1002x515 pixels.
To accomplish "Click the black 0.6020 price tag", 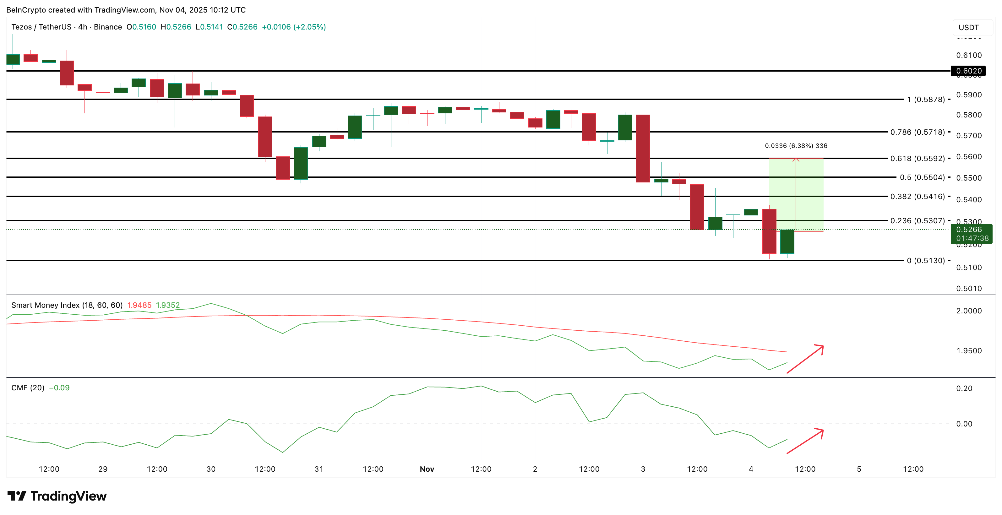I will (969, 71).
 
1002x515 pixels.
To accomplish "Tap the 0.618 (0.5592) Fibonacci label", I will (917, 158).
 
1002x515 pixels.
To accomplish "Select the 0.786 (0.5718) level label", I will (917, 132).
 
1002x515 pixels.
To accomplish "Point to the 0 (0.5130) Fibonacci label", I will (925, 261).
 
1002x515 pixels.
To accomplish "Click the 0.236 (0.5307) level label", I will (917, 220).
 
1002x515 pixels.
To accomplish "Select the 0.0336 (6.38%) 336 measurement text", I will (796, 146).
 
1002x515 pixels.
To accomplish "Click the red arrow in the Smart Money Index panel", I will (805, 359).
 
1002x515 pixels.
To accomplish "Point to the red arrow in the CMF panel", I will (805, 441).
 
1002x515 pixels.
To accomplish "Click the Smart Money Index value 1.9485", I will (139, 305).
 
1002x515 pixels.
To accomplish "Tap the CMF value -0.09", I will (59, 388).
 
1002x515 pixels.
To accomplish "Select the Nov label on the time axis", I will (427, 469).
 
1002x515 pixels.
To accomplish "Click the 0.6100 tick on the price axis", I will (969, 55).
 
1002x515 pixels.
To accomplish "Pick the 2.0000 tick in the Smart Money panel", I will (969, 311).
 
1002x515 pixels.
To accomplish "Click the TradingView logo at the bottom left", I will (57, 496).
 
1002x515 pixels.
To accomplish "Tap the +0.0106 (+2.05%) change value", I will (294, 27).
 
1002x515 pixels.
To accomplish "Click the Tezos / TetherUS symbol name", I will (41, 27).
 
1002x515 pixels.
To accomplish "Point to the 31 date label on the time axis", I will (319, 469).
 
